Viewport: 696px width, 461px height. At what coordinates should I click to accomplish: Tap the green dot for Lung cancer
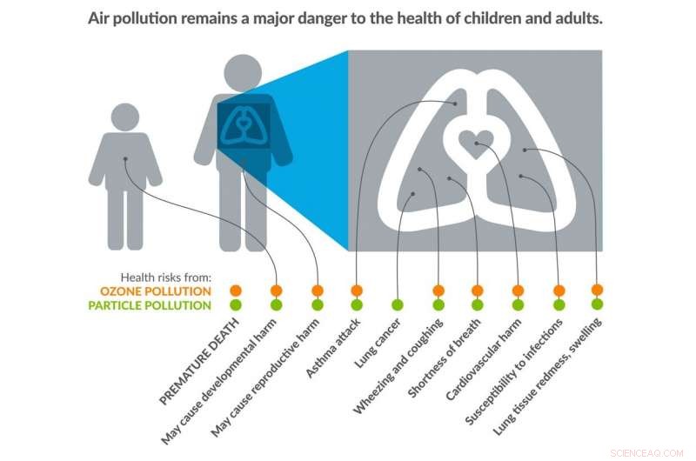point(398,305)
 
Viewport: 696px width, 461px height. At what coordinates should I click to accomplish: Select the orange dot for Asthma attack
point(357,290)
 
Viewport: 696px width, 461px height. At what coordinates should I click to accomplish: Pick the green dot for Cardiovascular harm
point(518,305)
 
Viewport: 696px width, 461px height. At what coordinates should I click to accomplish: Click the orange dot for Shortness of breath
point(478,290)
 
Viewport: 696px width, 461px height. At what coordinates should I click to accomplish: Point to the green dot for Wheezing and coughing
point(438,305)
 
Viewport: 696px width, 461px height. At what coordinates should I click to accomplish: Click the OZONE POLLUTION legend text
point(165,291)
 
